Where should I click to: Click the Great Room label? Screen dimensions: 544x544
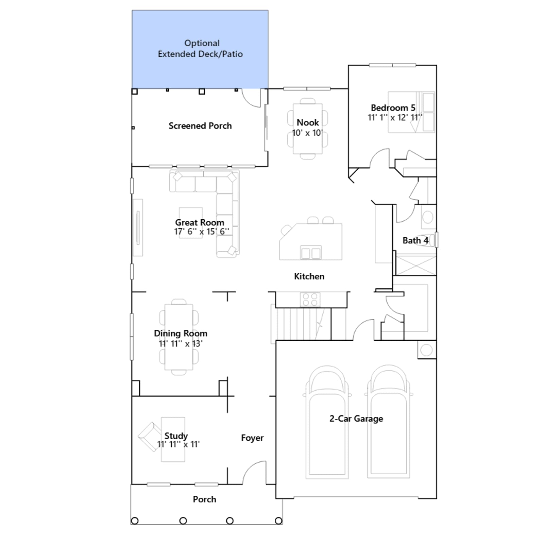[200, 222]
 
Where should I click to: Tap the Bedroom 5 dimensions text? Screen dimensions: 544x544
[395, 118]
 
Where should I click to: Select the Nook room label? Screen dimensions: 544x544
[308, 122]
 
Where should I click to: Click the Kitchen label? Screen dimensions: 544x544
[309, 276]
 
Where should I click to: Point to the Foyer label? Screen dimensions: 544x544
[252, 438]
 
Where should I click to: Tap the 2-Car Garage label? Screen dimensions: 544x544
[356, 419]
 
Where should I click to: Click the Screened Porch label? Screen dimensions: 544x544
[200, 126]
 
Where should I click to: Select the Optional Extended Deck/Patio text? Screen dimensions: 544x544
[200, 49]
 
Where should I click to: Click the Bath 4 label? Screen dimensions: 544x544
[415, 240]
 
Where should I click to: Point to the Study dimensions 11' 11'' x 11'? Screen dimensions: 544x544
[178, 444]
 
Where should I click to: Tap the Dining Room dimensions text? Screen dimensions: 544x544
[181, 344]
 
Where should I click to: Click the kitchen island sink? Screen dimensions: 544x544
[311, 253]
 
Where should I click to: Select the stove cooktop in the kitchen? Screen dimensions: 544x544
[310, 300]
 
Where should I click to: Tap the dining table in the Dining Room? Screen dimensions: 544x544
[179, 337]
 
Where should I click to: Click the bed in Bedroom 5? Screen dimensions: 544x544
[411, 112]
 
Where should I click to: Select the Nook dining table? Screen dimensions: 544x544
[308, 129]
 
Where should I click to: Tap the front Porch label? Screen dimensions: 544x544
[204, 499]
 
